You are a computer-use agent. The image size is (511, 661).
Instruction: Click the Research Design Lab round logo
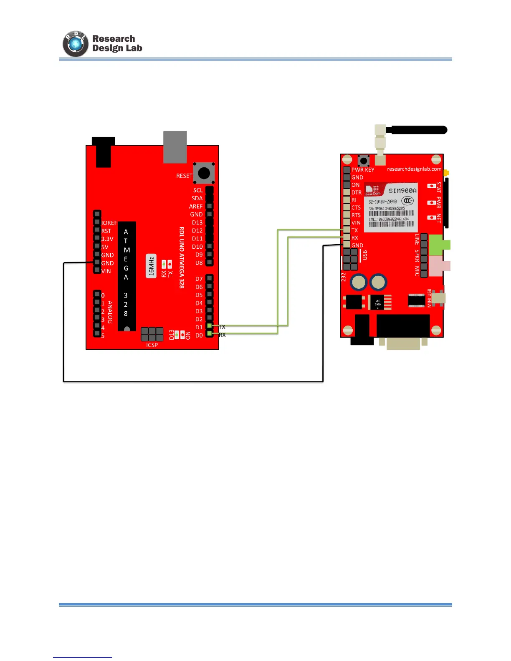[76, 44]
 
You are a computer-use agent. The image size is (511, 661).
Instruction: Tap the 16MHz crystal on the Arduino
[151, 266]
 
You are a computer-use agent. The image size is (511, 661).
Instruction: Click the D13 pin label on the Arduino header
[197, 222]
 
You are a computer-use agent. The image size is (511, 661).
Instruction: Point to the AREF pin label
[196, 206]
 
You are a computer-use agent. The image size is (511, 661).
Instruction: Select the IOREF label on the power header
[109, 223]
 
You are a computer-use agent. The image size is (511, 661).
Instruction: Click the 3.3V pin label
[107, 239]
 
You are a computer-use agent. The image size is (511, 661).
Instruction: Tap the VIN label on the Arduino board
[106, 271]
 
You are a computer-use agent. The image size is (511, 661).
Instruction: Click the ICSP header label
[152, 345]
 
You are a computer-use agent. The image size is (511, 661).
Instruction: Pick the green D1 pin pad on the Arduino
[210, 325]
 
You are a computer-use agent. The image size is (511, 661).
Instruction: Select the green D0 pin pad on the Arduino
[210, 333]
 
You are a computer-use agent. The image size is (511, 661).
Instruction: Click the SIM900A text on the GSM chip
[402, 191]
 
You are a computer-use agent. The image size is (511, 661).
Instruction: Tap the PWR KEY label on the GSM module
[363, 170]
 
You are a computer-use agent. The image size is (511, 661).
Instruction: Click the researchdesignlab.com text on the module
[414, 169]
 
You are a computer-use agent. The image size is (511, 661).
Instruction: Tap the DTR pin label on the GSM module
[357, 192]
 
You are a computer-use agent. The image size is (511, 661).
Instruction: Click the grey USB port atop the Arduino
[175, 147]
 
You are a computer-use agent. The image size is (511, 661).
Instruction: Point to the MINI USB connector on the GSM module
[438, 298]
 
